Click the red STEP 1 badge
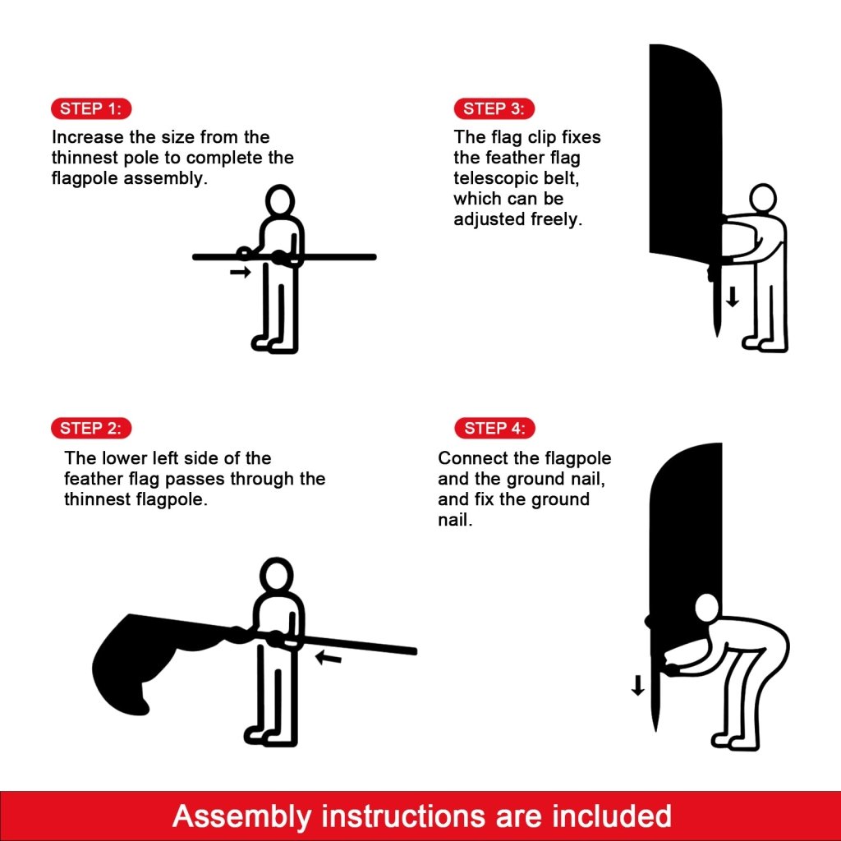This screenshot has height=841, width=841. pyautogui.click(x=91, y=109)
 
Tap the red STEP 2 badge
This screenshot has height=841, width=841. pyautogui.click(x=91, y=428)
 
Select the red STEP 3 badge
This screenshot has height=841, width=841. pyautogui.click(x=494, y=109)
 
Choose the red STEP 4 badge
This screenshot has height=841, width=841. pyautogui.click(x=494, y=428)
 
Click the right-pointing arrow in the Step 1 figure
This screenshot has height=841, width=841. pyautogui.click(x=241, y=273)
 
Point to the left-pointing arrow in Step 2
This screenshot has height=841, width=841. pyautogui.click(x=329, y=657)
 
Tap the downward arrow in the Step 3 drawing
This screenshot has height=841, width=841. pyautogui.click(x=733, y=297)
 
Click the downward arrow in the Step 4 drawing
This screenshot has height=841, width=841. pyautogui.click(x=637, y=686)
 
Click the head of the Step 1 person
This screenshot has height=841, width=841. pyautogui.click(x=280, y=201)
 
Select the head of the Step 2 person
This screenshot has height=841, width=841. pyautogui.click(x=277, y=575)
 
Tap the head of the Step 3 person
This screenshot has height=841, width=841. pyautogui.click(x=763, y=200)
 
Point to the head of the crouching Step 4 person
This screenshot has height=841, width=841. pyautogui.click(x=707, y=609)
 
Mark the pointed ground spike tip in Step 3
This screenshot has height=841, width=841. pyautogui.click(x=717, y=336)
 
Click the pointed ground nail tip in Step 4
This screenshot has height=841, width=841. pyautogui.click(x=655, y=730)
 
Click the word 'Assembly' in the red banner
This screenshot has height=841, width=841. pyautogui.click(x=242, y=816)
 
